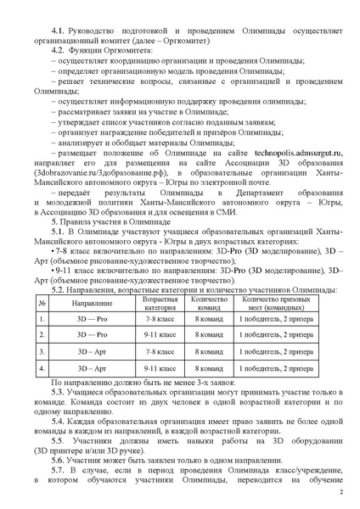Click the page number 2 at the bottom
coord(340,492)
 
